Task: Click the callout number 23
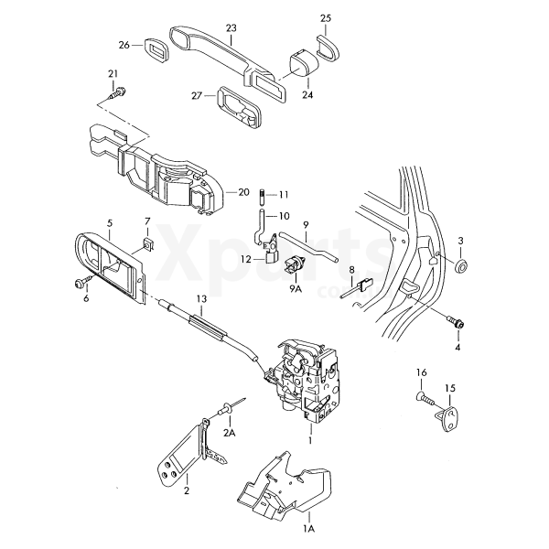(231, 28)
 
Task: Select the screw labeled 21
(117, 92)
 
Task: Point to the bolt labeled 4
(457, 322)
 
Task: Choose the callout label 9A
(296, 289)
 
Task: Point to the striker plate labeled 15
(449, 419)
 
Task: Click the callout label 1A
(309, 528)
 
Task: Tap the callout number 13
(201, 299)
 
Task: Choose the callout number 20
(243, 192)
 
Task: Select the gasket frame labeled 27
(241, 107)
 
